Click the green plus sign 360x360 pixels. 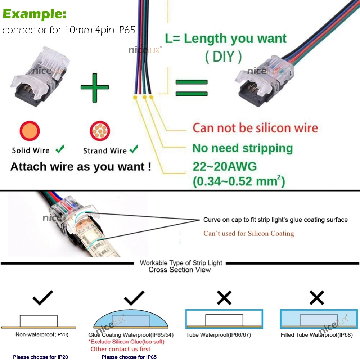95,87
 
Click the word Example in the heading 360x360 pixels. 35,14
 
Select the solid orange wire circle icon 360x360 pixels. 30,131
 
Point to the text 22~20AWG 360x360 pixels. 225,167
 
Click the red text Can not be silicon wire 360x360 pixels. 255,128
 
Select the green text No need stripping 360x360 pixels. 243,148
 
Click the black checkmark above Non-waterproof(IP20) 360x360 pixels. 42,297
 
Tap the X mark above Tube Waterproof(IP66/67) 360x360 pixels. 224,297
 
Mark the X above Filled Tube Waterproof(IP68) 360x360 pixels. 317,297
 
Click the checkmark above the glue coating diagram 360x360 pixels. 134,297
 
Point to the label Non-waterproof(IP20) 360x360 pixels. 42,334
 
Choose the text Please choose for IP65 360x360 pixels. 129,357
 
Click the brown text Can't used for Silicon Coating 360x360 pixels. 248,233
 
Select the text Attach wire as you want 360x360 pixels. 81,167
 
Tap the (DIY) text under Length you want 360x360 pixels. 223,57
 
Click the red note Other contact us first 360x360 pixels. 120,349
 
